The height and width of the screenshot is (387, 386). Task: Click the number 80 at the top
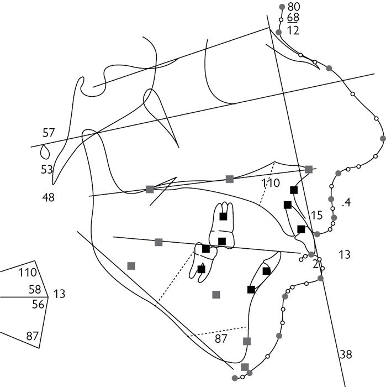(x=294, y=6)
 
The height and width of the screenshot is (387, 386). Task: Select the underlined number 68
(x=293, y=18)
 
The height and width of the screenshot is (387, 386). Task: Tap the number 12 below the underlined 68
(x=293, y=30)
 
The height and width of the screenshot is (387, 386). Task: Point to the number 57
(x=49, y=133)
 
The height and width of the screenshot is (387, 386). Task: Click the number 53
(x=47, y=169)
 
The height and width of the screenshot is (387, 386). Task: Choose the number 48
(x=48, y=196)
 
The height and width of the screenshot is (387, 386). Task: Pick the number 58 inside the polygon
(x=34, y=289)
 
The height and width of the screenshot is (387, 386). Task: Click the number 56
(x=38, y=304)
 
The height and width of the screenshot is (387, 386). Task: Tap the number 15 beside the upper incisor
(x=316, y=215)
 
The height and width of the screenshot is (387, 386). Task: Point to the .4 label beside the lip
(x=346, y=203)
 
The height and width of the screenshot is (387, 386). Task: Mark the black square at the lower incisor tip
(x=267, y=270)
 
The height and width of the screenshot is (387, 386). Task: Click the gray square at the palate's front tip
(x=309, y=169)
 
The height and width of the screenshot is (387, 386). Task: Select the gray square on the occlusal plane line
(x=158, y=242)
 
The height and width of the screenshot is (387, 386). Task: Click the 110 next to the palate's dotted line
(x=271, y=183)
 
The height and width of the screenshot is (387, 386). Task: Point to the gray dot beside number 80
(x=282, y=6)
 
